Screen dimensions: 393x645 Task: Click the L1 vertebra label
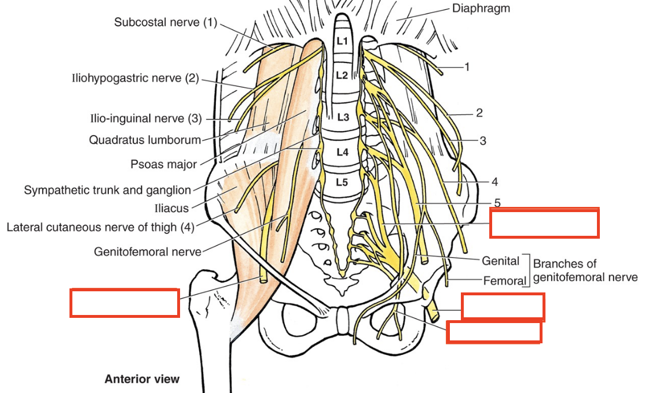coord(343,42)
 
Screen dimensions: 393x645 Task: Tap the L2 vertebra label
coord(343,75)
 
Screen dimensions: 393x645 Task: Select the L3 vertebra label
coord(343,118)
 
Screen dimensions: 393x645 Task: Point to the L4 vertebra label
coord(343,153)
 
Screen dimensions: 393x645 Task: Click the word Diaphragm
coord(481,9)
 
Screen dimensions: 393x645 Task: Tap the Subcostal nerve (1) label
coord(165,23)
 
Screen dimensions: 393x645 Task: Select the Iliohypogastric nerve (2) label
coord(135,78)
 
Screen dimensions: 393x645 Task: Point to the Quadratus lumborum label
coord(145,140)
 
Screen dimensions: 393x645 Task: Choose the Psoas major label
coord(163,164)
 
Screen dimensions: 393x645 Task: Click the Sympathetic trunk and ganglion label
coord(107,190)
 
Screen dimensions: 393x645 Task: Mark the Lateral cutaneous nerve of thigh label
coord(100,227)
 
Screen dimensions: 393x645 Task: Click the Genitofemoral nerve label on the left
coord(147,252)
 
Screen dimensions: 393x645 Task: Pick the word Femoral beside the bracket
coord(504,281)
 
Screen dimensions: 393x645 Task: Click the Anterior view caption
coord(142,380)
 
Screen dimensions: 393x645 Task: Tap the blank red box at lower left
coord(124,303)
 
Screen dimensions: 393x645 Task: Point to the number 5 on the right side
coord(497,203)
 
